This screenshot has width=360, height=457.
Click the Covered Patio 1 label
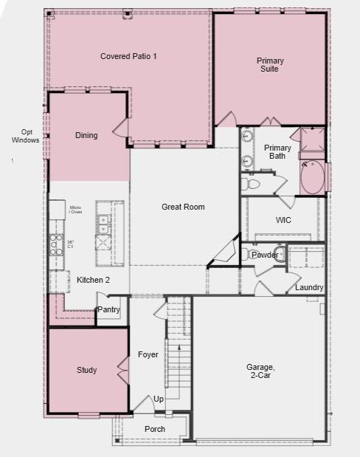[x=128, y=56]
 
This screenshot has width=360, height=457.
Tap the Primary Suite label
[x=270, y=65]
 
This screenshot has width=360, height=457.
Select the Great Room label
[x=183, y=207]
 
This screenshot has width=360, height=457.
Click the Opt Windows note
[x=26, y=136]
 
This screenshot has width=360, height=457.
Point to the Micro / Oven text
[x=75, y=210]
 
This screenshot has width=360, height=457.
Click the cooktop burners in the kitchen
[x=57, y=244]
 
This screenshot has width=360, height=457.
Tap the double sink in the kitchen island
[x=104, y=220]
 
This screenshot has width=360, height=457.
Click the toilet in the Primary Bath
[x=252, y=183]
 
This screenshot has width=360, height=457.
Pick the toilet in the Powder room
[x=246, y=254]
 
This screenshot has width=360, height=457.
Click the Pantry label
[x=108, y=310]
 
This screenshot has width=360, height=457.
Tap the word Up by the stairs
[x=159, y=399]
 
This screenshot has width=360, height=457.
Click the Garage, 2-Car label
[x=260, y=371]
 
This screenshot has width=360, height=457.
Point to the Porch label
[x=155, y=429]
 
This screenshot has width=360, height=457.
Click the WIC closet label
[x=284, y=220]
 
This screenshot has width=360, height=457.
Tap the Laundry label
[x=309, y=287]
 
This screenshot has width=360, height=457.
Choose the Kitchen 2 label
[x=93, y=280]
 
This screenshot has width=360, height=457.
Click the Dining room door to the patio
[x=121, y=130]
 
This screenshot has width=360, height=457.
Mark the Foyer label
[x=148, y=354]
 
